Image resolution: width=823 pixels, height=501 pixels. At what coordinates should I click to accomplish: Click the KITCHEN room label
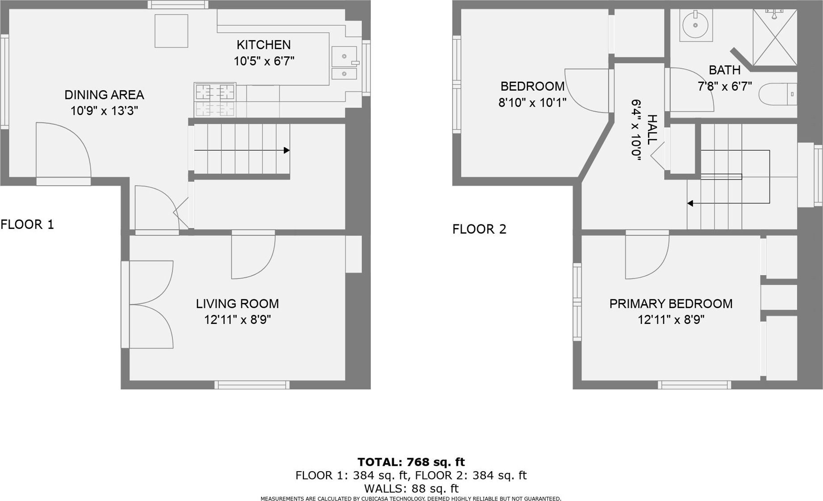(263, 45)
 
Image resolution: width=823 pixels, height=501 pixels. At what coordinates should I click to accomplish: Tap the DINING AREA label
(104, 95)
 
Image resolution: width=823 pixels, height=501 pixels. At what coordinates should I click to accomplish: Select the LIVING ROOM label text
(237, 304)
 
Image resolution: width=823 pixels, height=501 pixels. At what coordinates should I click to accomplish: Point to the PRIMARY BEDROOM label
(671, 304)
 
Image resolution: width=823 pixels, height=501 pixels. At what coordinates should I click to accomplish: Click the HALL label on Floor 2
(652, 129)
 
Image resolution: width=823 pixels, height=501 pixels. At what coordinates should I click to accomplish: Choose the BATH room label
(725, 70)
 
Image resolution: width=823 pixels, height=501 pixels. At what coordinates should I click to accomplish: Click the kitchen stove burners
(215, 99)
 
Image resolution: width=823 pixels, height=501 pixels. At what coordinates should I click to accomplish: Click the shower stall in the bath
(775, 37)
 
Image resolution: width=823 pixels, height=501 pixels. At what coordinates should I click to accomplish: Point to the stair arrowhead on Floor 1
(287, 150)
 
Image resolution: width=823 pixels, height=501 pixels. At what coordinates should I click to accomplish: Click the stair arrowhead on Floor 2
(690, 203)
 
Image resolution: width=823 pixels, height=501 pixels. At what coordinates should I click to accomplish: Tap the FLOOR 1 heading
(27, 224)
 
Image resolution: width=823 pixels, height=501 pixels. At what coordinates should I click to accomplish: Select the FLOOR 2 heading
(479, 229)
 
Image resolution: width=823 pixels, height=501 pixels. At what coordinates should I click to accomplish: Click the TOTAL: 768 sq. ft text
(411, 462)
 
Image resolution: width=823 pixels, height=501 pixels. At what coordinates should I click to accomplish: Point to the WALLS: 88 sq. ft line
(411, 489)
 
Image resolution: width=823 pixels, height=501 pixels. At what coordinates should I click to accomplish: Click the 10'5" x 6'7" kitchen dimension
(264, 61)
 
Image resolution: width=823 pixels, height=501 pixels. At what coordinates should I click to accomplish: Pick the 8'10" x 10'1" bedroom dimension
(532, 103)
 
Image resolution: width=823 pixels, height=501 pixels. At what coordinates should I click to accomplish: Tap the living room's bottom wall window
(252, 385)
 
